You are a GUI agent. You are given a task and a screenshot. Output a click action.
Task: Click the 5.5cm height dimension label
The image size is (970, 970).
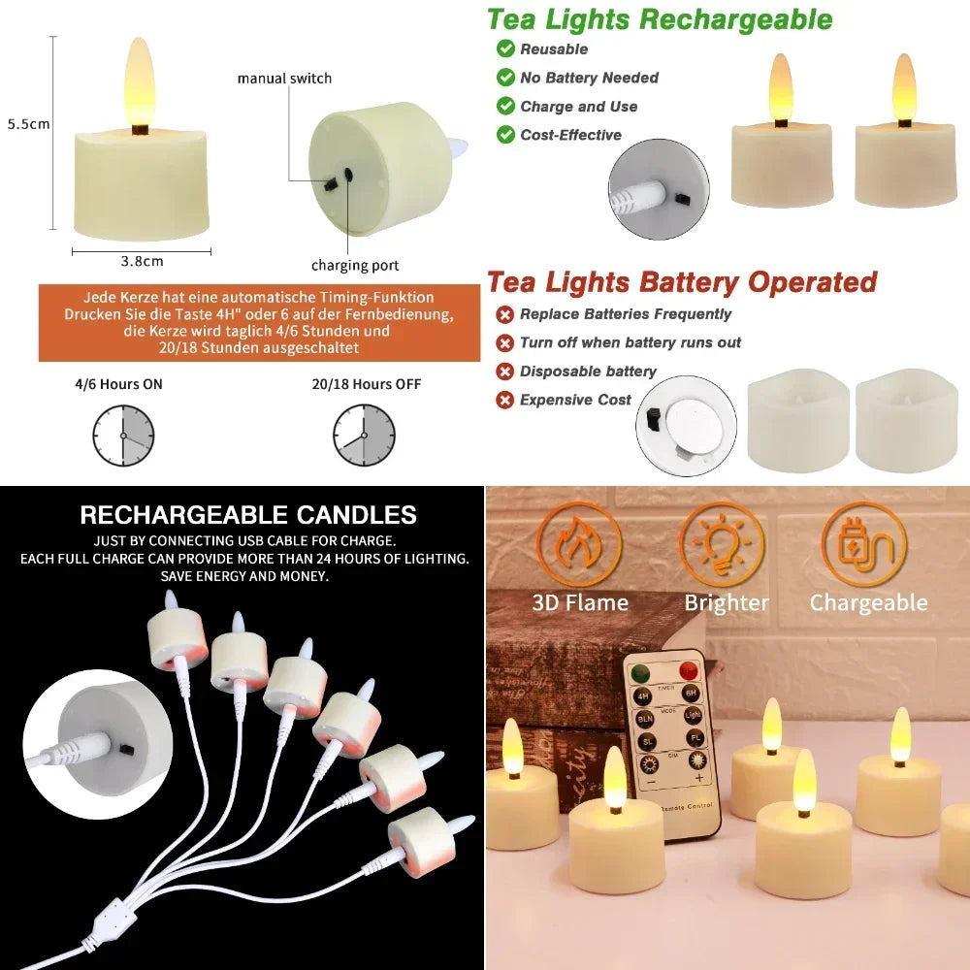(28, 124)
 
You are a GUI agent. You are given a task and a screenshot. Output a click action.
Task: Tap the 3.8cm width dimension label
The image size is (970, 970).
(142, 261)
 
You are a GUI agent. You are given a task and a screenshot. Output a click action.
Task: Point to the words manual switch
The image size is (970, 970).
(284, 79)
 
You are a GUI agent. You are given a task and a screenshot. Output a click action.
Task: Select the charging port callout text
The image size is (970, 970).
(355, 266)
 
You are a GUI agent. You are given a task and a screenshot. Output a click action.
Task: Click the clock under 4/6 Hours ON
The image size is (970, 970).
(123, 436)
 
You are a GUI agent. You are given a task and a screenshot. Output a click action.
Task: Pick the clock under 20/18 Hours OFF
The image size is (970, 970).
(364, 436)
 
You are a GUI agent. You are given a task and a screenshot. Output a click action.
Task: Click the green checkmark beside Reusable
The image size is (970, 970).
(505, 48)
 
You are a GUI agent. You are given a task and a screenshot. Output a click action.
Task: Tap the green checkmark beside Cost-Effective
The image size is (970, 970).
(505, 135)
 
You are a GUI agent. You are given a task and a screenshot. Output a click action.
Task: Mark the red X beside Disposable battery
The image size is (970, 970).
(504, 372)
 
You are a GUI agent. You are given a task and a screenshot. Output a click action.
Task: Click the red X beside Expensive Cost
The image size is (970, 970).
(504, 400)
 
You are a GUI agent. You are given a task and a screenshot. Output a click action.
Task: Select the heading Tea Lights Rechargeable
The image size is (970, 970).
(659, 19)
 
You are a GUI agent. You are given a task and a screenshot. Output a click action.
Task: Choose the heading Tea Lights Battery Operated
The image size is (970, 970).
(681, 282)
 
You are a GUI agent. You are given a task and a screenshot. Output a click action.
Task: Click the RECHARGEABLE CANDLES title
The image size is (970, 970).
(248, 515)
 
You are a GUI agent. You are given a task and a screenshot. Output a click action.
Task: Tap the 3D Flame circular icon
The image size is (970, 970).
(579, 544)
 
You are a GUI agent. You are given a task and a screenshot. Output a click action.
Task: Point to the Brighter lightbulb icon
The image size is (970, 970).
(722, 544)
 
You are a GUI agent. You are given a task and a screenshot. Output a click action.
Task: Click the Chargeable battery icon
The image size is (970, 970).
(863, 544)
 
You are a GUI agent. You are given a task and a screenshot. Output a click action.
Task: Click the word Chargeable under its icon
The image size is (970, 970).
(868, 603)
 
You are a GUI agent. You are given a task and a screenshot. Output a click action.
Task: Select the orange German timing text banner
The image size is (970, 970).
(259, 322)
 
